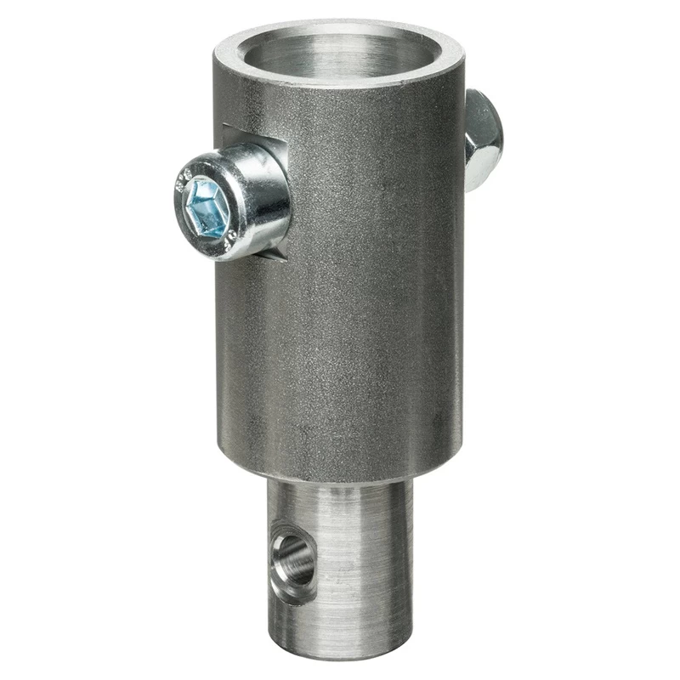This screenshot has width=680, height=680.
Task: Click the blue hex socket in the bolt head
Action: coord(209,207)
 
